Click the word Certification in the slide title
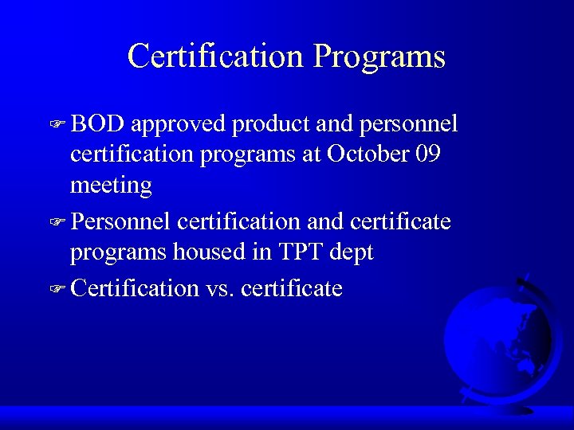click(215, 56)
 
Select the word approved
click(179, 125)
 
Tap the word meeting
click(111, 186)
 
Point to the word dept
click(352, 253)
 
